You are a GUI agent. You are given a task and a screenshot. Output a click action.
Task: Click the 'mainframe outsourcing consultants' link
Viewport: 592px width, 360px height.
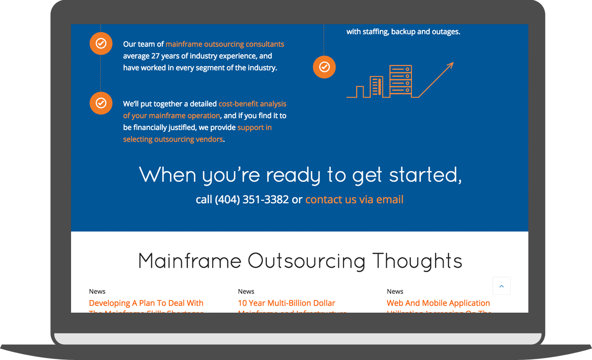point(224,44)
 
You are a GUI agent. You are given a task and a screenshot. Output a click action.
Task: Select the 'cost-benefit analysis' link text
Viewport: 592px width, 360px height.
point(252,104)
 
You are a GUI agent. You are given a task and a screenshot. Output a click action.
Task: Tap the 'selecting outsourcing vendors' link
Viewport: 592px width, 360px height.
point(173,140)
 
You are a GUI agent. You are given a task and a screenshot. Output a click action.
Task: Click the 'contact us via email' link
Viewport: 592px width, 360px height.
point(354,200)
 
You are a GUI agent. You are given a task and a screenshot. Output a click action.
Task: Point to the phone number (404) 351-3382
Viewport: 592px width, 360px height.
point(252,200)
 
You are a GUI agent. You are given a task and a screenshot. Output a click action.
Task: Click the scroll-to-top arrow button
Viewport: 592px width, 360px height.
point(501,286)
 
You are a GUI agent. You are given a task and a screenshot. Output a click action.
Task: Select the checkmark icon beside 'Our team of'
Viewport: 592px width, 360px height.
point(101,43)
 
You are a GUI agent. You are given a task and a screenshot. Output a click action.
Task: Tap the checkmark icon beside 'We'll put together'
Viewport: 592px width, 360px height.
point(101,103)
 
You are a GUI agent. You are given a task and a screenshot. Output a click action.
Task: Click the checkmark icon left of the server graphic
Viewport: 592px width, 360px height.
point(324,67)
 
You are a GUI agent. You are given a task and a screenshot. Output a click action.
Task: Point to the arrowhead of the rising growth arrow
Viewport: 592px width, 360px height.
point(450,65)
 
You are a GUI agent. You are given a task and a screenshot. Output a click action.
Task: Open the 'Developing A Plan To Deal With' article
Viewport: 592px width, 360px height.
point(146,303)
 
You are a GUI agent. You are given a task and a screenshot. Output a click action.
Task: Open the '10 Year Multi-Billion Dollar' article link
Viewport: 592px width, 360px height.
point(286,303)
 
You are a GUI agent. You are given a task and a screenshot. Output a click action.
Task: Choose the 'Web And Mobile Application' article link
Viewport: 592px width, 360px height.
point(438,303)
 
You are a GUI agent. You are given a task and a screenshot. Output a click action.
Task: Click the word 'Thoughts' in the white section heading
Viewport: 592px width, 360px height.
point(417,261)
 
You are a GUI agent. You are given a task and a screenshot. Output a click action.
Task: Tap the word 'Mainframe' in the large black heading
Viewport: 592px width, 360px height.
point(189,261)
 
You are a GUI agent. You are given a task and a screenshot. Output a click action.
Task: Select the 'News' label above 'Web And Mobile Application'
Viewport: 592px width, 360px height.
point(395,291)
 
